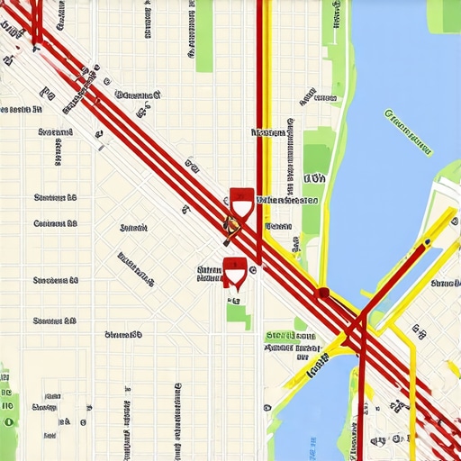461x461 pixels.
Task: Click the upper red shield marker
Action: point(240,199)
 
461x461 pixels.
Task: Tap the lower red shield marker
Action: point(235,268)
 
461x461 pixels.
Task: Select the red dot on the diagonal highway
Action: point(322,292)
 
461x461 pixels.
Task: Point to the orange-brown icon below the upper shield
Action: point(230,225)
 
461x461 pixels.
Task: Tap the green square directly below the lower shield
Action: point(239,314)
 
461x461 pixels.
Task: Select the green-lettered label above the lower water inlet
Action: point(293,336)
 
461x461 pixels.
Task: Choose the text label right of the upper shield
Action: point(287,201)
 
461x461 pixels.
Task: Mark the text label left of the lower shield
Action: point(209,272)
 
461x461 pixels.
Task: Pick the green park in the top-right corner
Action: point(443,15)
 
